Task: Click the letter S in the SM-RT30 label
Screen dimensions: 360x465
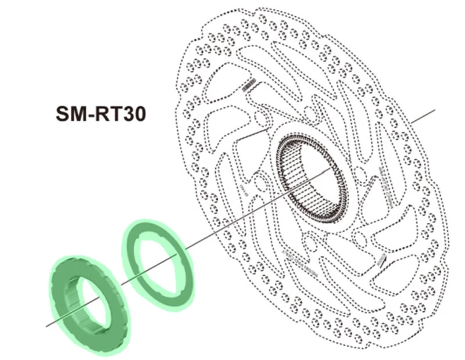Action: pyautogui.click(x=63, y=113)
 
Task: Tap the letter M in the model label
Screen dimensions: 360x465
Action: pyautogui.click(x=79, y=113)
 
